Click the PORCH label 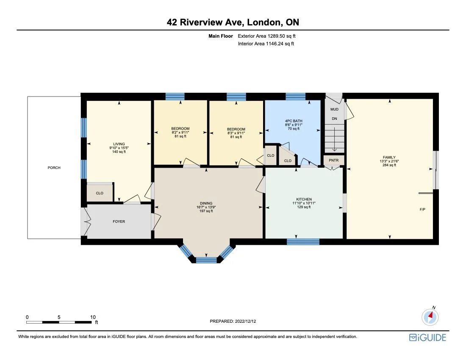54,168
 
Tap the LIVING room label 119,144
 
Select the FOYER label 119,222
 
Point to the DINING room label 206,203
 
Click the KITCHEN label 304,199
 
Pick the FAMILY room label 389,158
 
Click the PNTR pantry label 334,161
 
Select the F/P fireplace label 422,209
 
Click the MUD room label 334,109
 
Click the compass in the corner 430,316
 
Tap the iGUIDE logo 427,338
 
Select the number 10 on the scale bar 93,317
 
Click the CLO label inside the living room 100,193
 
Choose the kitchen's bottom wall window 303,242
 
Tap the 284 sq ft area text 389,165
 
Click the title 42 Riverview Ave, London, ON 233,22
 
